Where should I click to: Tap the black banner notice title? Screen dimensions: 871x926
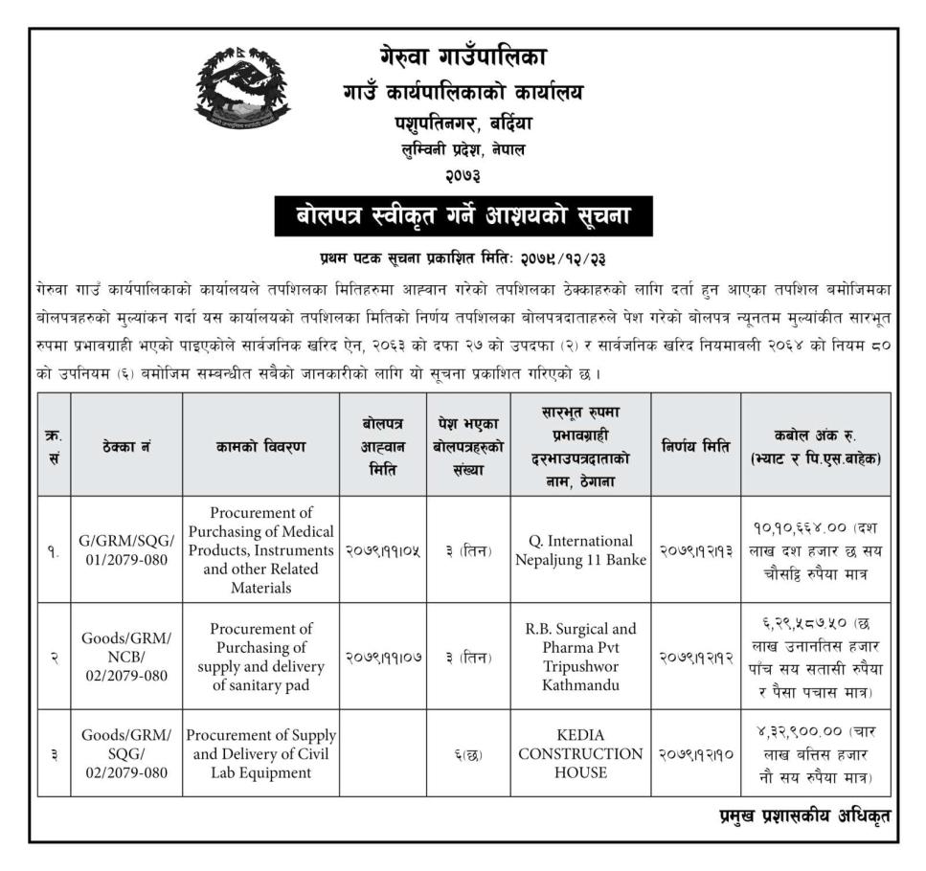coord(464,215)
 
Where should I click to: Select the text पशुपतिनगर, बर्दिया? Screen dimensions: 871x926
coord(463,123)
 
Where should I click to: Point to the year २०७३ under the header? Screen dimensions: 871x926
coord(463,175)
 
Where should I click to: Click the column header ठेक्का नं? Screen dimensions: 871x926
coord(126,445)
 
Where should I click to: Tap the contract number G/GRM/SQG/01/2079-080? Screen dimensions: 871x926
coord(126,549)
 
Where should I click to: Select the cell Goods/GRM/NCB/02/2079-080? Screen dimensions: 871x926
coord(126,657)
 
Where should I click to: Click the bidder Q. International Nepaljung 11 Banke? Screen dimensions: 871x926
coord(580,549)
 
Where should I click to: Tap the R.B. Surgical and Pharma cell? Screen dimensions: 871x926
coord(580,657)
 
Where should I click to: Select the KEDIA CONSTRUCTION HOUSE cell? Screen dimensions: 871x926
coord(580,753)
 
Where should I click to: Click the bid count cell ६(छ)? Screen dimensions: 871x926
coord(467,753)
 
